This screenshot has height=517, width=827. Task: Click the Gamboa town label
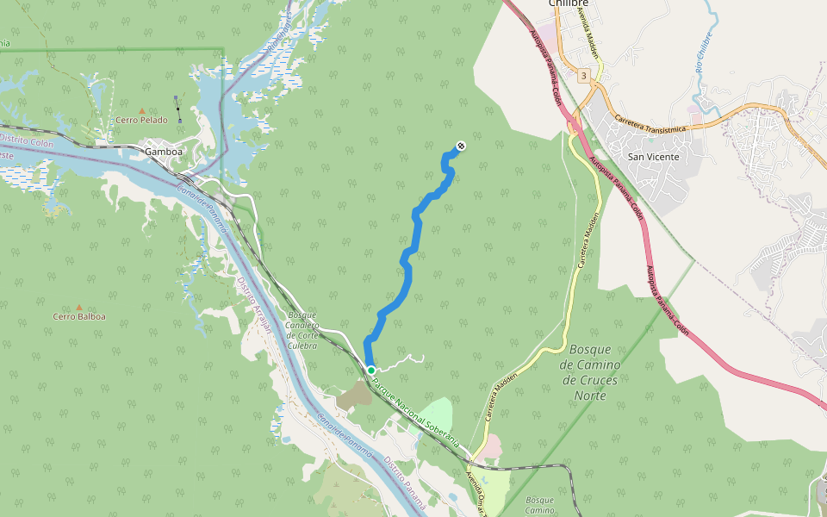click(164, 152)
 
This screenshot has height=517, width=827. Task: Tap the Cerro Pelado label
click(142, 121)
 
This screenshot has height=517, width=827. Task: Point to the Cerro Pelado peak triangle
click(142, 110)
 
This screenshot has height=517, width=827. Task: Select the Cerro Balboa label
click(79, 317)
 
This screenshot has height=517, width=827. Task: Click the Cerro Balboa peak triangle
click(79, 307)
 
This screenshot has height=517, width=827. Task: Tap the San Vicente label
click(653, 157)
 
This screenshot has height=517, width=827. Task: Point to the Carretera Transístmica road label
click(650, 128)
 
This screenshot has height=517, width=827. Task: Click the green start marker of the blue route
click(370, 370)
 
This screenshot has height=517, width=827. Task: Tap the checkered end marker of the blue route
click(461, 146)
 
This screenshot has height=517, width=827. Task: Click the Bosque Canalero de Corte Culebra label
click(302, 329)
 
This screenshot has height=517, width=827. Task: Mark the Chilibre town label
click(570, 4)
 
